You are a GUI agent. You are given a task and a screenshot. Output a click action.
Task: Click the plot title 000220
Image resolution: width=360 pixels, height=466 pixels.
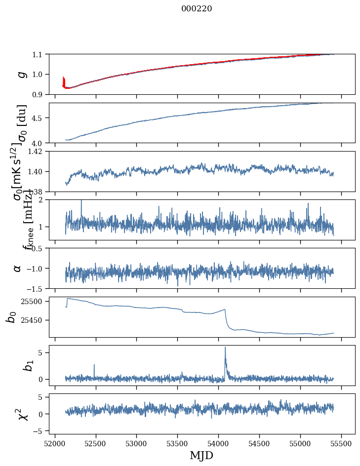pos(197,9)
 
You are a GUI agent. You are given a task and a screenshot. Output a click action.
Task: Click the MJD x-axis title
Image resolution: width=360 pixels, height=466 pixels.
pos(201,455)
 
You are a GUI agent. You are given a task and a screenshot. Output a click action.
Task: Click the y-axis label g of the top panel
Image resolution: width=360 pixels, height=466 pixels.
pos(21,74)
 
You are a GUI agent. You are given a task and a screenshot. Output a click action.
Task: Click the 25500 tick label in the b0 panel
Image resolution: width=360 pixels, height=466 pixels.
pos(34,301)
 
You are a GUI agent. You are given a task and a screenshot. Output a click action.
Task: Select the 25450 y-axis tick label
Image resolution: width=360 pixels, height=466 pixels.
pos(34,320)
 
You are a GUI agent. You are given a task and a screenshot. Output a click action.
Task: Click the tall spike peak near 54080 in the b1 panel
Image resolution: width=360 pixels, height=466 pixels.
pos(225,348)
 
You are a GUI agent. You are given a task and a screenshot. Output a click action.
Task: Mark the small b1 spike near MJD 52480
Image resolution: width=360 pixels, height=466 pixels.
pos(94,365)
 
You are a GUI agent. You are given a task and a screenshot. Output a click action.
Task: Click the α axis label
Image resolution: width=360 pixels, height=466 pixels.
pos(18,268)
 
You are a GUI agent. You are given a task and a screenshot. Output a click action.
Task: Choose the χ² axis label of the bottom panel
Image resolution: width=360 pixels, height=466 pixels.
pos(22,414)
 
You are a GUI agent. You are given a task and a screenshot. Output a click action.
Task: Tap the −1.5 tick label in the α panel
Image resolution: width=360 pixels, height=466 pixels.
pos(36,288)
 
